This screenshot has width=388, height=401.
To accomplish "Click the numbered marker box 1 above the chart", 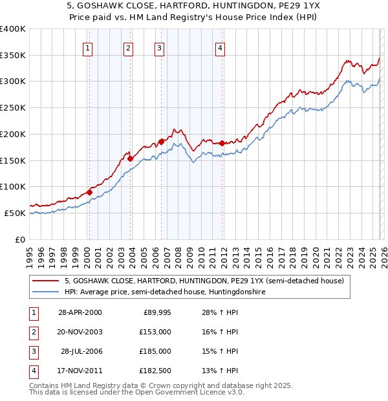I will tap(87, 47).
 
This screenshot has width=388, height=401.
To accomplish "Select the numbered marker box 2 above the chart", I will tap(129, 47).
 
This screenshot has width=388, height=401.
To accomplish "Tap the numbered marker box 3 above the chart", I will tap(159, 47).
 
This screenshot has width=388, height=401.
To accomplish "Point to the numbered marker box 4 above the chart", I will tap(221, 47).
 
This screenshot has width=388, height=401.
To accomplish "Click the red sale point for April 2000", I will tap(90, 191).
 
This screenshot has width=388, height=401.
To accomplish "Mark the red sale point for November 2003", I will tap(131, 158).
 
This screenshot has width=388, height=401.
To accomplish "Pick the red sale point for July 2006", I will tap(161, 141).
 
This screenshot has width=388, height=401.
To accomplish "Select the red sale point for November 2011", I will tap(222, 142).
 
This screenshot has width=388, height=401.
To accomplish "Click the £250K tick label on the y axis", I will tap(13, 107).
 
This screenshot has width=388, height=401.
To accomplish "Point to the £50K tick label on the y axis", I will tap(15, 213).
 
